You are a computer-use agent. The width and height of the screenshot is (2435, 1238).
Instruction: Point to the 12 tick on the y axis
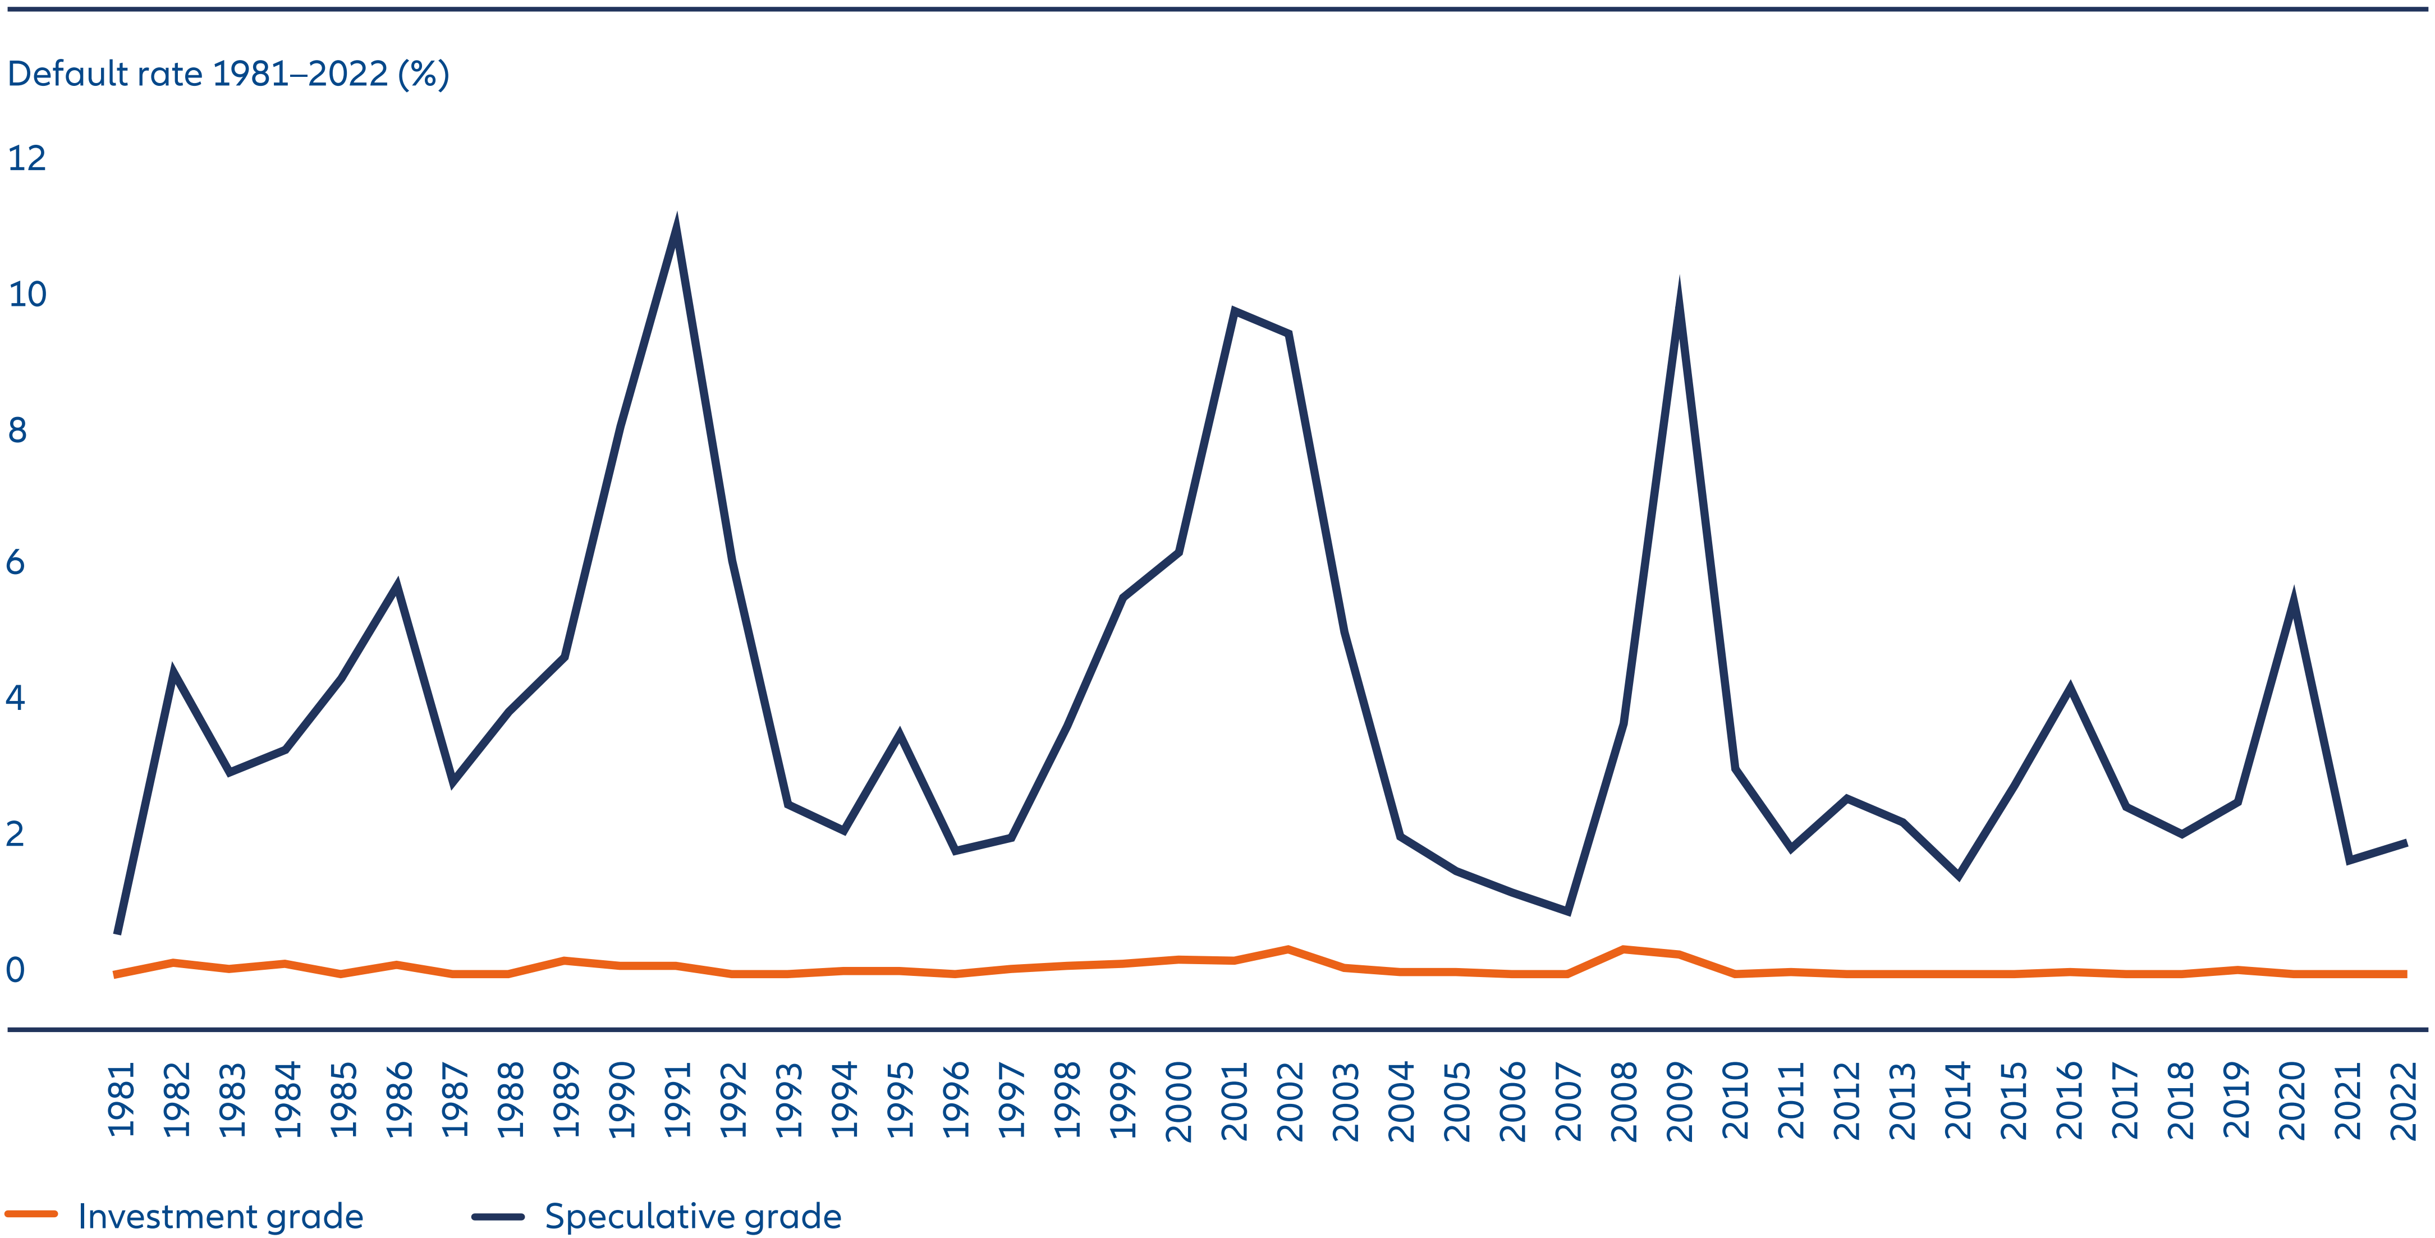(26, 158)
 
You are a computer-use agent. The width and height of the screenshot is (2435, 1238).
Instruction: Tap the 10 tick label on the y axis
(26, 294)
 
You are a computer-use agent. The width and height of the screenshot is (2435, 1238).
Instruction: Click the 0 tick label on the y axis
(15, 970)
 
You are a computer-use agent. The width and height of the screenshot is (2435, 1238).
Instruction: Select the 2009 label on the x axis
(1679, 1101)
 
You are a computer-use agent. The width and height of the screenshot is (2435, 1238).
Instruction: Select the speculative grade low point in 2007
(1568, 911)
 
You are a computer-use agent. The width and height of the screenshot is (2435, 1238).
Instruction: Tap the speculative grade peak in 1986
(397, 587)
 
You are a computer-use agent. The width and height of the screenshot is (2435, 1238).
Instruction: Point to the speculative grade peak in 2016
(2070, 688)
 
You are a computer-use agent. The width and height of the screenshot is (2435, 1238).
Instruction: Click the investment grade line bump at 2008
(1623, 949)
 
